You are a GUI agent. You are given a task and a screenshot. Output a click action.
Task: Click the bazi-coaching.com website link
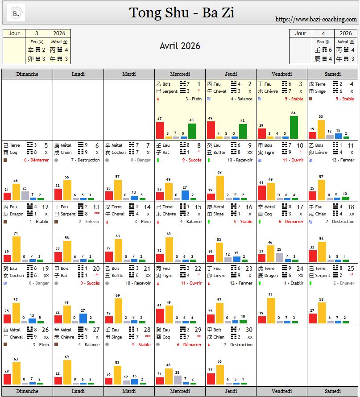click(316, 19)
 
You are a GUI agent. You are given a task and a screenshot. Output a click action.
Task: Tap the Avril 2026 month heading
click(180, 46)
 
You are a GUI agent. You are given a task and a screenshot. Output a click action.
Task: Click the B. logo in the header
click(17, 13)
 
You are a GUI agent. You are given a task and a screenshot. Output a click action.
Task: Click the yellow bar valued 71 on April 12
click(17, 248)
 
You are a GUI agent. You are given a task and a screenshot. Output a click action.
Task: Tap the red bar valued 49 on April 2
click(211, 130)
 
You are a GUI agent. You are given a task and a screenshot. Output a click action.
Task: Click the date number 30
click(249, 330)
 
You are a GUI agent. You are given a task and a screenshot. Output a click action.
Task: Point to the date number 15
click(198, 207)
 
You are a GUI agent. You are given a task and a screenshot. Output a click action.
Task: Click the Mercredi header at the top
click(180, 74)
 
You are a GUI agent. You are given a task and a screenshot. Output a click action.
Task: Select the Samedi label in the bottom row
click(332, 391)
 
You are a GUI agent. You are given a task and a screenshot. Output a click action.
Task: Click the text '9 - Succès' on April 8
click(192, 160)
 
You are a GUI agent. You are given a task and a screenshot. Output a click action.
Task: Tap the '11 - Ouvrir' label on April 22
click(191, 283)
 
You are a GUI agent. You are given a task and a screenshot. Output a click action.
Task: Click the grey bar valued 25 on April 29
click(177, 380)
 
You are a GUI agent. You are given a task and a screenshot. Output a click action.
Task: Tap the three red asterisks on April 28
click(147, 337)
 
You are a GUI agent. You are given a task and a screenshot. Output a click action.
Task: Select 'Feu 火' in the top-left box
click(37, 42)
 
